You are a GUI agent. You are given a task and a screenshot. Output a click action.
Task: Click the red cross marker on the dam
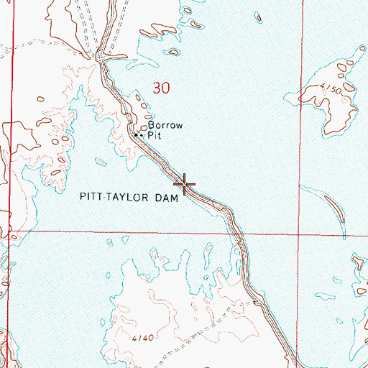185,185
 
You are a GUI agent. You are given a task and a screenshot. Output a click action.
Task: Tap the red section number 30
162,88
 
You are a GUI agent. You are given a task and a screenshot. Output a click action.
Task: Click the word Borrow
161,124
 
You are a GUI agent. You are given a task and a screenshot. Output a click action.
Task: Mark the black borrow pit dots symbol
139,135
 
